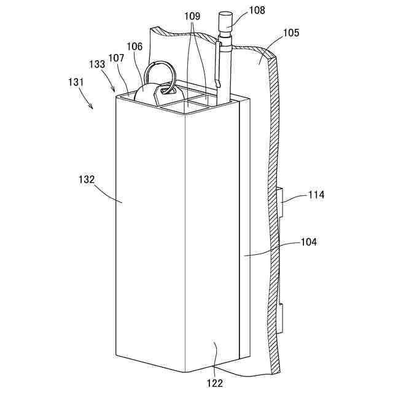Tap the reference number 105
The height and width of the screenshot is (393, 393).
click(x=291, y=33)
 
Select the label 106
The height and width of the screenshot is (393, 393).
click(x=135, y=46)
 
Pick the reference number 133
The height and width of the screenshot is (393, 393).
click(x=96, y=63)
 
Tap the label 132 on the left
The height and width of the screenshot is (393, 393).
click(x=87, y=180)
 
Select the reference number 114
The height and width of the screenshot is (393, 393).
click(x=316, y=195)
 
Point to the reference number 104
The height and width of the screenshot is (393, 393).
click(x=308, y=243)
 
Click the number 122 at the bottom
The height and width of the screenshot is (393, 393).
click(x=216, y=384)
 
